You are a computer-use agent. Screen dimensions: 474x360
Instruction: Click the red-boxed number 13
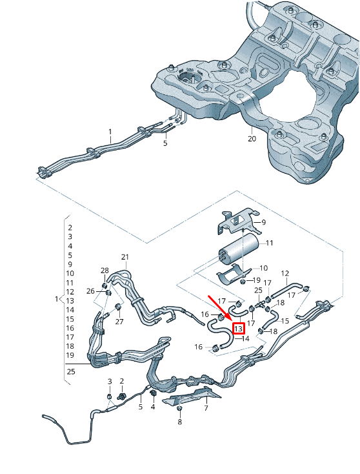tap(238, 328)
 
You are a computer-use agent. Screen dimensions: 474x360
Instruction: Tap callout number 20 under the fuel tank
tap(252, 138)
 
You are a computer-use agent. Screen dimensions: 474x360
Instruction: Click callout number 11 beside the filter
tap(270, 243)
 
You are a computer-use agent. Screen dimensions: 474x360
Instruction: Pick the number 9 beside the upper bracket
tap(263, 222)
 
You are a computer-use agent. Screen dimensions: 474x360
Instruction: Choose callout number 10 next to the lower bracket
tap(263, 267)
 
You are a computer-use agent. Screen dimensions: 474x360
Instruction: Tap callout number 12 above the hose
tap(285, 273)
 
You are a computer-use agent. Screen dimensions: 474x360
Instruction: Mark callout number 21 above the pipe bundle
tap(125, 257)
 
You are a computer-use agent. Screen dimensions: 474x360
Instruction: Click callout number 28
tap(105, 270)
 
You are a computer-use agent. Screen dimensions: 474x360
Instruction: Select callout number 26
tap(90, 291)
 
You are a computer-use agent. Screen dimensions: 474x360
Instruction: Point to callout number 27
tap(119, 321)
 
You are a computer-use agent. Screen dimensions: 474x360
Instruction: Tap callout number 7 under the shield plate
tap(206, 408)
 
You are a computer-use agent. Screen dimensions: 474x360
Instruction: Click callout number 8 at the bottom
tap(180, 422)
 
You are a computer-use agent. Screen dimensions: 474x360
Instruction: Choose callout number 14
tap(245, 338)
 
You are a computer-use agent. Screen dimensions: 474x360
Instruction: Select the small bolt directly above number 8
tap(180, 409)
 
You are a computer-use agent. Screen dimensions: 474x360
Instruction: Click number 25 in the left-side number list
tap(70, 371)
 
